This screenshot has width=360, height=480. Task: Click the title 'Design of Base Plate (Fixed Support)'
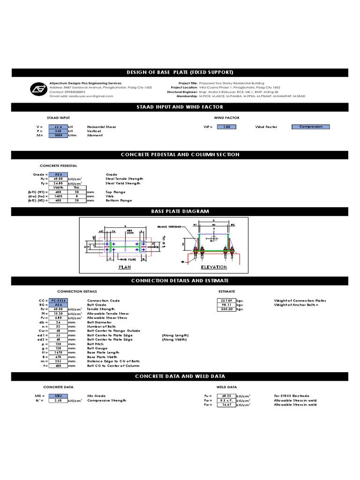point(180,72)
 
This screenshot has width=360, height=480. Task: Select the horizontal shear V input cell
point(58,127)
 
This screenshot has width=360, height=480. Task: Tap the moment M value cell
point(58,135)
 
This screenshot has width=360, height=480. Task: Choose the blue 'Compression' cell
point(310,127)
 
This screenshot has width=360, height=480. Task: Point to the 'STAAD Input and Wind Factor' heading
point(180,107)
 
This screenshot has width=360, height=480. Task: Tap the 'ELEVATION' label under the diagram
point(214,267)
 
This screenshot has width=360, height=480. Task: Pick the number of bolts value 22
point(58,327)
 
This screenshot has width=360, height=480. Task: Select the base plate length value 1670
point(58,352)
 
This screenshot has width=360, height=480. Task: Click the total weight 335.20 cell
point(227,309)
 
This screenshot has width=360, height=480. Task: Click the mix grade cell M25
point(58,396)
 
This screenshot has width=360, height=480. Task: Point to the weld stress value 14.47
point(227,405)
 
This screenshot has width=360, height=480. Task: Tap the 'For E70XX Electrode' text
point(292,396)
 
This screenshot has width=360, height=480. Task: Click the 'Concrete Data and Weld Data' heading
point(180,376)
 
